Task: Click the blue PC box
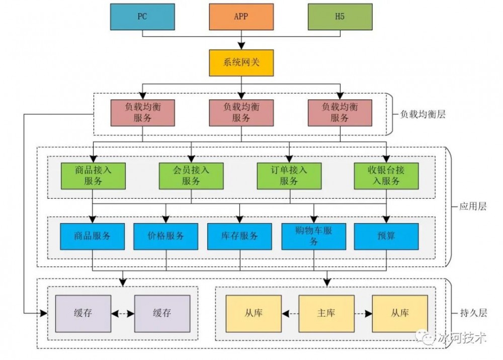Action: [142, 16]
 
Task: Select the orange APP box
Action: [241, 16]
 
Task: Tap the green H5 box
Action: [340, 16]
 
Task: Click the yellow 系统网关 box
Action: [241, 63]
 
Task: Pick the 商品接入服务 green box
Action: [93, 175]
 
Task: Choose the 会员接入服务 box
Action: [191, 175]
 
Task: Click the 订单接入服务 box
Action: [289, 175]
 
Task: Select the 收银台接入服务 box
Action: [386, 175]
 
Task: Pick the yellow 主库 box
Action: [326, 313]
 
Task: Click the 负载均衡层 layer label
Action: [423, 114]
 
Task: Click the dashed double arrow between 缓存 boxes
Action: [123, 313]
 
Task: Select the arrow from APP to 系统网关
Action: [241, 40]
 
